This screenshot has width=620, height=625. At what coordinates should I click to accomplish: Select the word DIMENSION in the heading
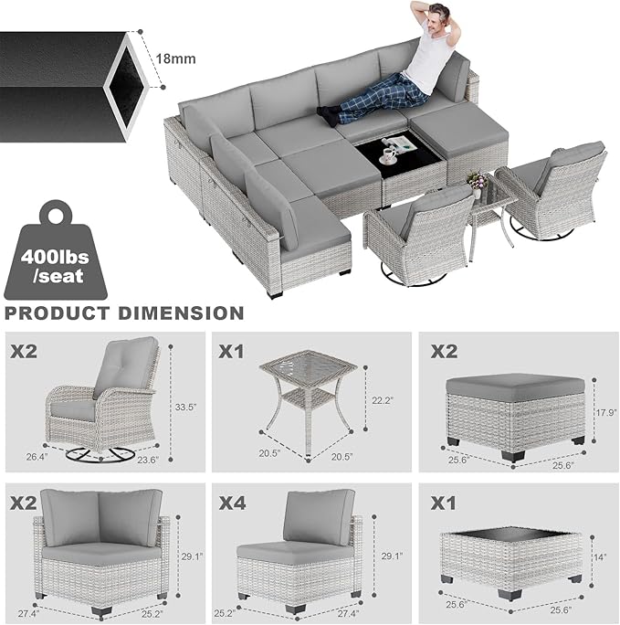pyautogui.click(x=185, y=313)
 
